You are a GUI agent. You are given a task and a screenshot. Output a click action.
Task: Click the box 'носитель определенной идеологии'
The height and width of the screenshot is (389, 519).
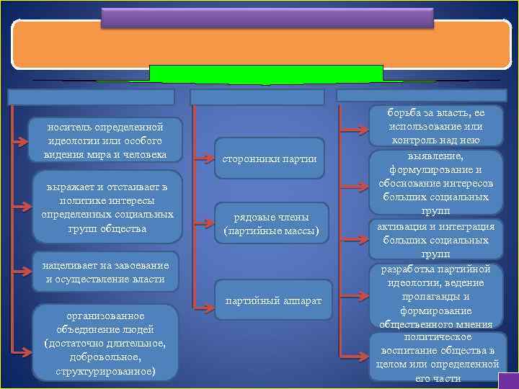[106, 140]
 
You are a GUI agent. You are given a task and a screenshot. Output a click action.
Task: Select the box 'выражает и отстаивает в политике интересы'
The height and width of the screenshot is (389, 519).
[106, 208]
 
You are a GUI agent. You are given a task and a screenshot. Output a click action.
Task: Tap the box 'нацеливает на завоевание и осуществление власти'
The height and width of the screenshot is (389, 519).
[106, 272]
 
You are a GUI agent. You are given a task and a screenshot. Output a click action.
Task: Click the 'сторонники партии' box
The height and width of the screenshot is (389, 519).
[270, 158]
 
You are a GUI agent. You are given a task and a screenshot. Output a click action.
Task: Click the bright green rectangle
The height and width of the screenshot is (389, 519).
[265, 74]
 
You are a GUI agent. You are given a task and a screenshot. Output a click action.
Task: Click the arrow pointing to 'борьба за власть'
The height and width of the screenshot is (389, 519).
[353, 131]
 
